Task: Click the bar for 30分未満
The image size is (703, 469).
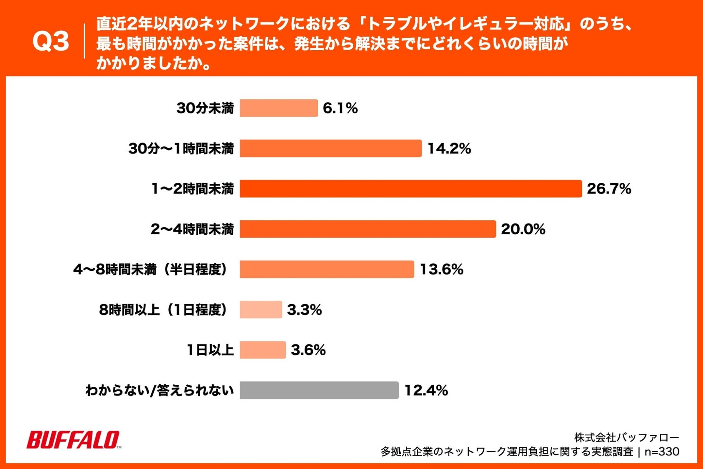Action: coord(279,108)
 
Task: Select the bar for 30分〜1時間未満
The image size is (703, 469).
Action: coord(331,148)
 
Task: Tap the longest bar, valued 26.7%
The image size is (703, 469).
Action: coord(410,189)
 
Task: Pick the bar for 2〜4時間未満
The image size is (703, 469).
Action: coord(368,229)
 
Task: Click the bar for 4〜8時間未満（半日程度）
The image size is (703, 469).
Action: coord(327,269)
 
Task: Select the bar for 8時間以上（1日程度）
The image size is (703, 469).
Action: coord(261,310)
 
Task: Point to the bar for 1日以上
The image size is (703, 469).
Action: coord(263,350)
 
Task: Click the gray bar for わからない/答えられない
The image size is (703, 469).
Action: coord(319,390)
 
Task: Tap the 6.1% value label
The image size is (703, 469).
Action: coord(340,108)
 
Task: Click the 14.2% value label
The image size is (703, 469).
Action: coord(449,148)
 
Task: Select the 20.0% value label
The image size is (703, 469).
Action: coord(523,229)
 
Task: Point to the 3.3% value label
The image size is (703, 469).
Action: coord(304,310)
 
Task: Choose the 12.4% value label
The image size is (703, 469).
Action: coord(426,390)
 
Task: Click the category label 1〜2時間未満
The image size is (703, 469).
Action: coord(193,189)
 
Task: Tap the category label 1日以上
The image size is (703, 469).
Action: coord(210,350)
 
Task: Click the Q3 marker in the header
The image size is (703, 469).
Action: coord(51,41)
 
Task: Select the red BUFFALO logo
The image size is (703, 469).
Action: coord(73,440)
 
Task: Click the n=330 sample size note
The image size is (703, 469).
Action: coord(662,451)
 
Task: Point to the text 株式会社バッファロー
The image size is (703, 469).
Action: coord(626,437)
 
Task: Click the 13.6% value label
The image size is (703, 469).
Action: coord(441,269)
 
